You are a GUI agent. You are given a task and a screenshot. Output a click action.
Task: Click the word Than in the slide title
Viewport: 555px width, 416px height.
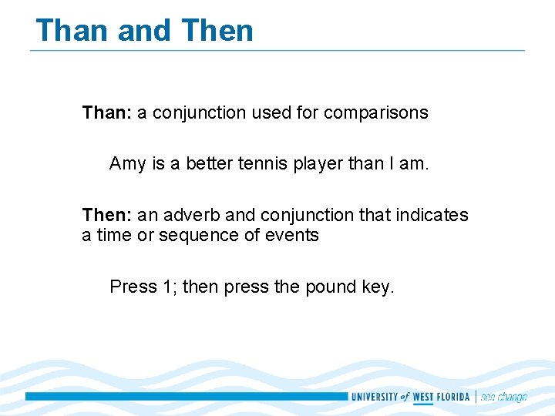[x=73, y=31]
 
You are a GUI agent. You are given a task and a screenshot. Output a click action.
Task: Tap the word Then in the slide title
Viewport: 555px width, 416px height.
[x=217, y=31]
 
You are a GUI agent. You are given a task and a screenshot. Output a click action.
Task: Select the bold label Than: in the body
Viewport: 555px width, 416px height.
[x=106, y=112]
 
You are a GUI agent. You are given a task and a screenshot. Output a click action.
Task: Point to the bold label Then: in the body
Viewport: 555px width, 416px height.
[x=106, y=215]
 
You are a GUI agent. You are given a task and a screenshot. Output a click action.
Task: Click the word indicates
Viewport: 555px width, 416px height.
[x=432, y=215]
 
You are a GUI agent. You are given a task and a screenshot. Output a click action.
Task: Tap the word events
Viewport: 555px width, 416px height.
[x=292, y=235]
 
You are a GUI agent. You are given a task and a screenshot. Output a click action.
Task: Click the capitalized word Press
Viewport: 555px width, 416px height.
[x=133, y=287]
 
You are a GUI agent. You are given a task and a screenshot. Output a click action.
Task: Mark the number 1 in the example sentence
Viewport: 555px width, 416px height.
[x=169, y=287]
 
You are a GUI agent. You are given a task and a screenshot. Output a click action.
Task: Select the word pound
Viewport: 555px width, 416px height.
[x=330, y=287]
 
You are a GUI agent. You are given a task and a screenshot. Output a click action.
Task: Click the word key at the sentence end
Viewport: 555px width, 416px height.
[x=377, y=287]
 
